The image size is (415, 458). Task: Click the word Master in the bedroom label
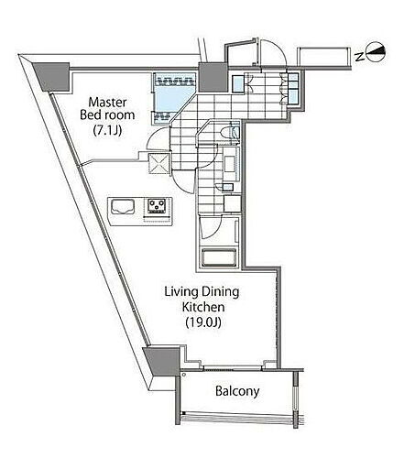[107, 103]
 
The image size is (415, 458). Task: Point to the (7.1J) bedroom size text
[107, 130]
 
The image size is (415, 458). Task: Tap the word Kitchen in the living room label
[203, 307]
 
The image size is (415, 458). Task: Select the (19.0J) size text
[203, 322]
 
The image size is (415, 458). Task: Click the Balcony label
[237, 391]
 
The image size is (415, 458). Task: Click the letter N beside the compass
[360, 57]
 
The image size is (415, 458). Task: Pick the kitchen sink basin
[123, 206]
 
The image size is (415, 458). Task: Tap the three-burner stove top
[157, 206]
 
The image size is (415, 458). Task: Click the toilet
[230, 133]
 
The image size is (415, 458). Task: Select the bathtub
[219, 258]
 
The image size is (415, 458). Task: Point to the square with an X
[158, 163]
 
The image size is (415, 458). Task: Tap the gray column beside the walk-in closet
[213, 77]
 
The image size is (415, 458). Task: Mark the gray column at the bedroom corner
[52, 76]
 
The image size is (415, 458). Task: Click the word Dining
[220, 292]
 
